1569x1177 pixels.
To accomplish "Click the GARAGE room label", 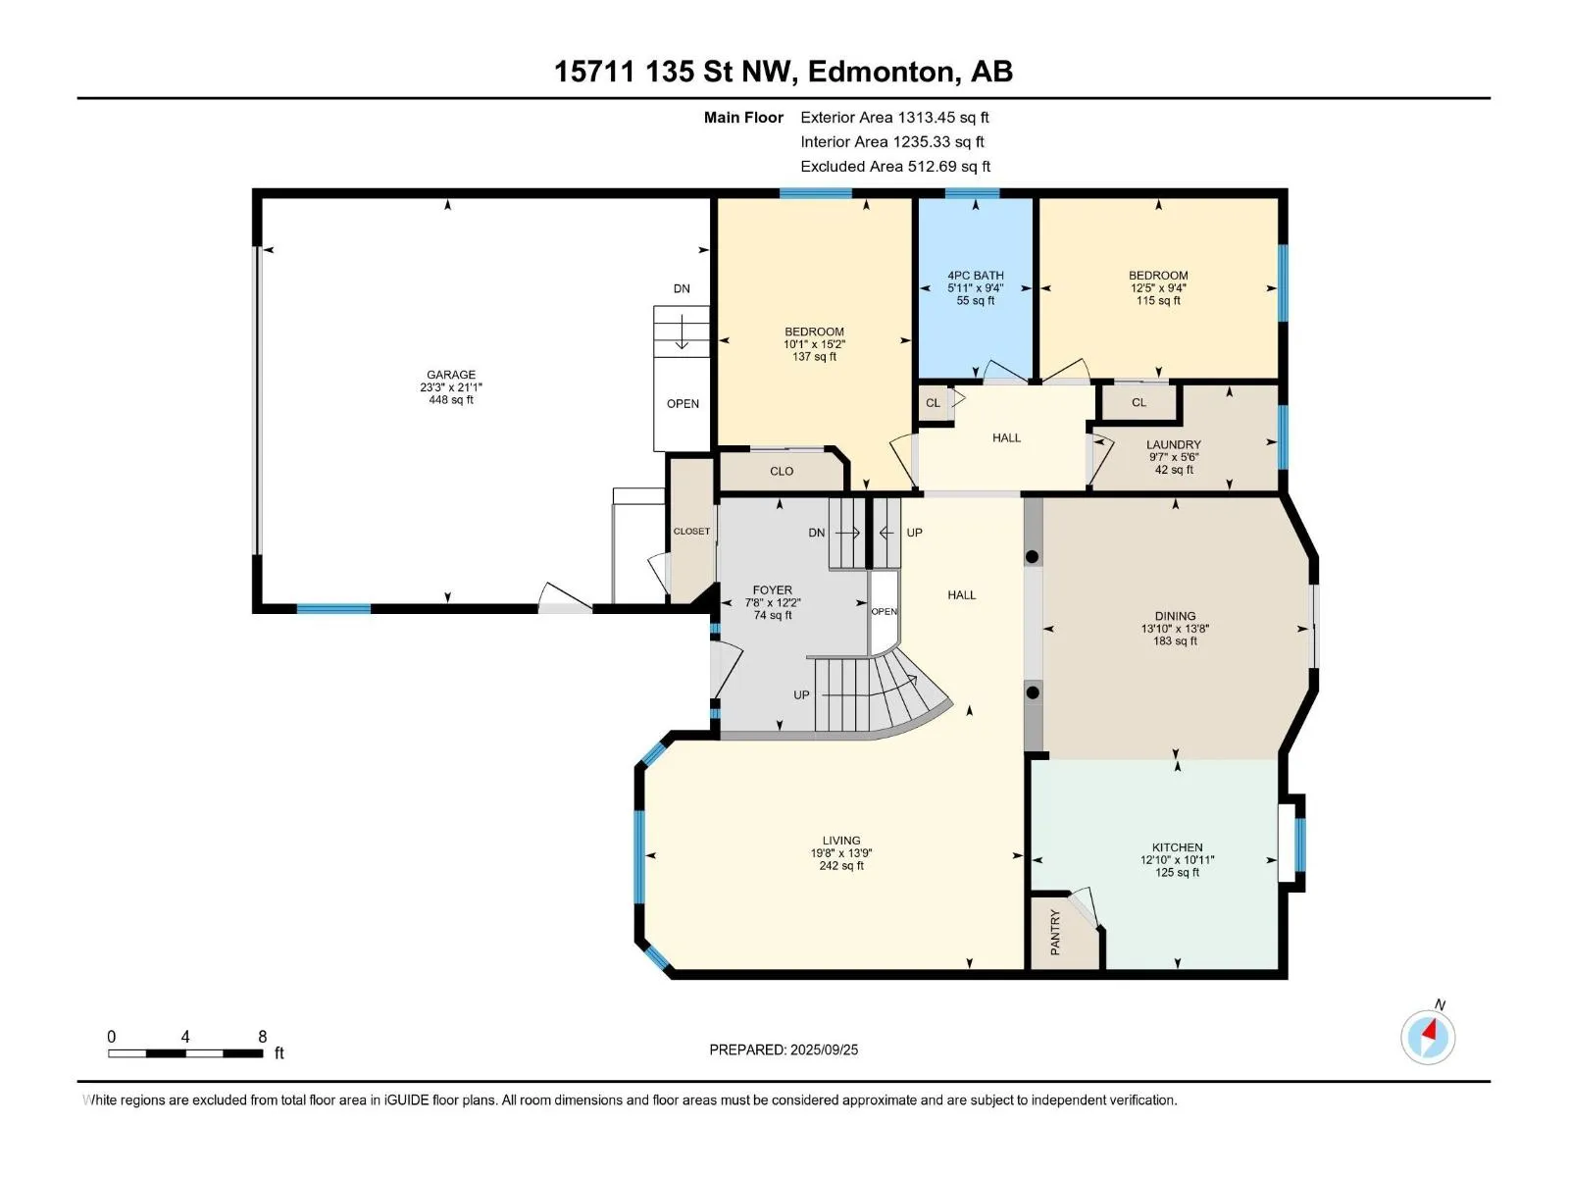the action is point(450,375).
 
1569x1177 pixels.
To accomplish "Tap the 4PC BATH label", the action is point(975,276).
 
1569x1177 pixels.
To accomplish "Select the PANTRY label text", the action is point(1055,932).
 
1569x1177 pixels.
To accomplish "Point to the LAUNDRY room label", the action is point(1174,444).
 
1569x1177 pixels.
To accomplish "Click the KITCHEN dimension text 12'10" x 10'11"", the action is point(1177,860).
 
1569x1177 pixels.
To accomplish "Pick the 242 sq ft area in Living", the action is point(841,865).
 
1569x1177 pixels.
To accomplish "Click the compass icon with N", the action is point(1428,1037).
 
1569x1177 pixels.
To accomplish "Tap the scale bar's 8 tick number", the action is point(263,1036).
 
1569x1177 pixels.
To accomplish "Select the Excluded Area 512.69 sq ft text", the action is point(895,167).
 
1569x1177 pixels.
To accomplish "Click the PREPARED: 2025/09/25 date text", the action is point(784,1049).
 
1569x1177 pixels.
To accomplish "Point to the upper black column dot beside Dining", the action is point(1033,557).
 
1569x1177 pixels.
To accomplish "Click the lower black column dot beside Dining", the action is point(1033,692).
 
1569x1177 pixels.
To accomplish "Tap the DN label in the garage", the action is point(682,288).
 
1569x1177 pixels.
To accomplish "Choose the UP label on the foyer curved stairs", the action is point(801,694).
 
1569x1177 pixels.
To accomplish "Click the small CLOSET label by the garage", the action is point(691,531).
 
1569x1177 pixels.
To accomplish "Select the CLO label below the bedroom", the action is point(782,471).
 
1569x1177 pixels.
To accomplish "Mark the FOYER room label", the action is point(772,590).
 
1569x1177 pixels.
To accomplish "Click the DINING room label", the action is point(1175,616).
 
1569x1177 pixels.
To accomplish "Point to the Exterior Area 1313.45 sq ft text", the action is point(894,117).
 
